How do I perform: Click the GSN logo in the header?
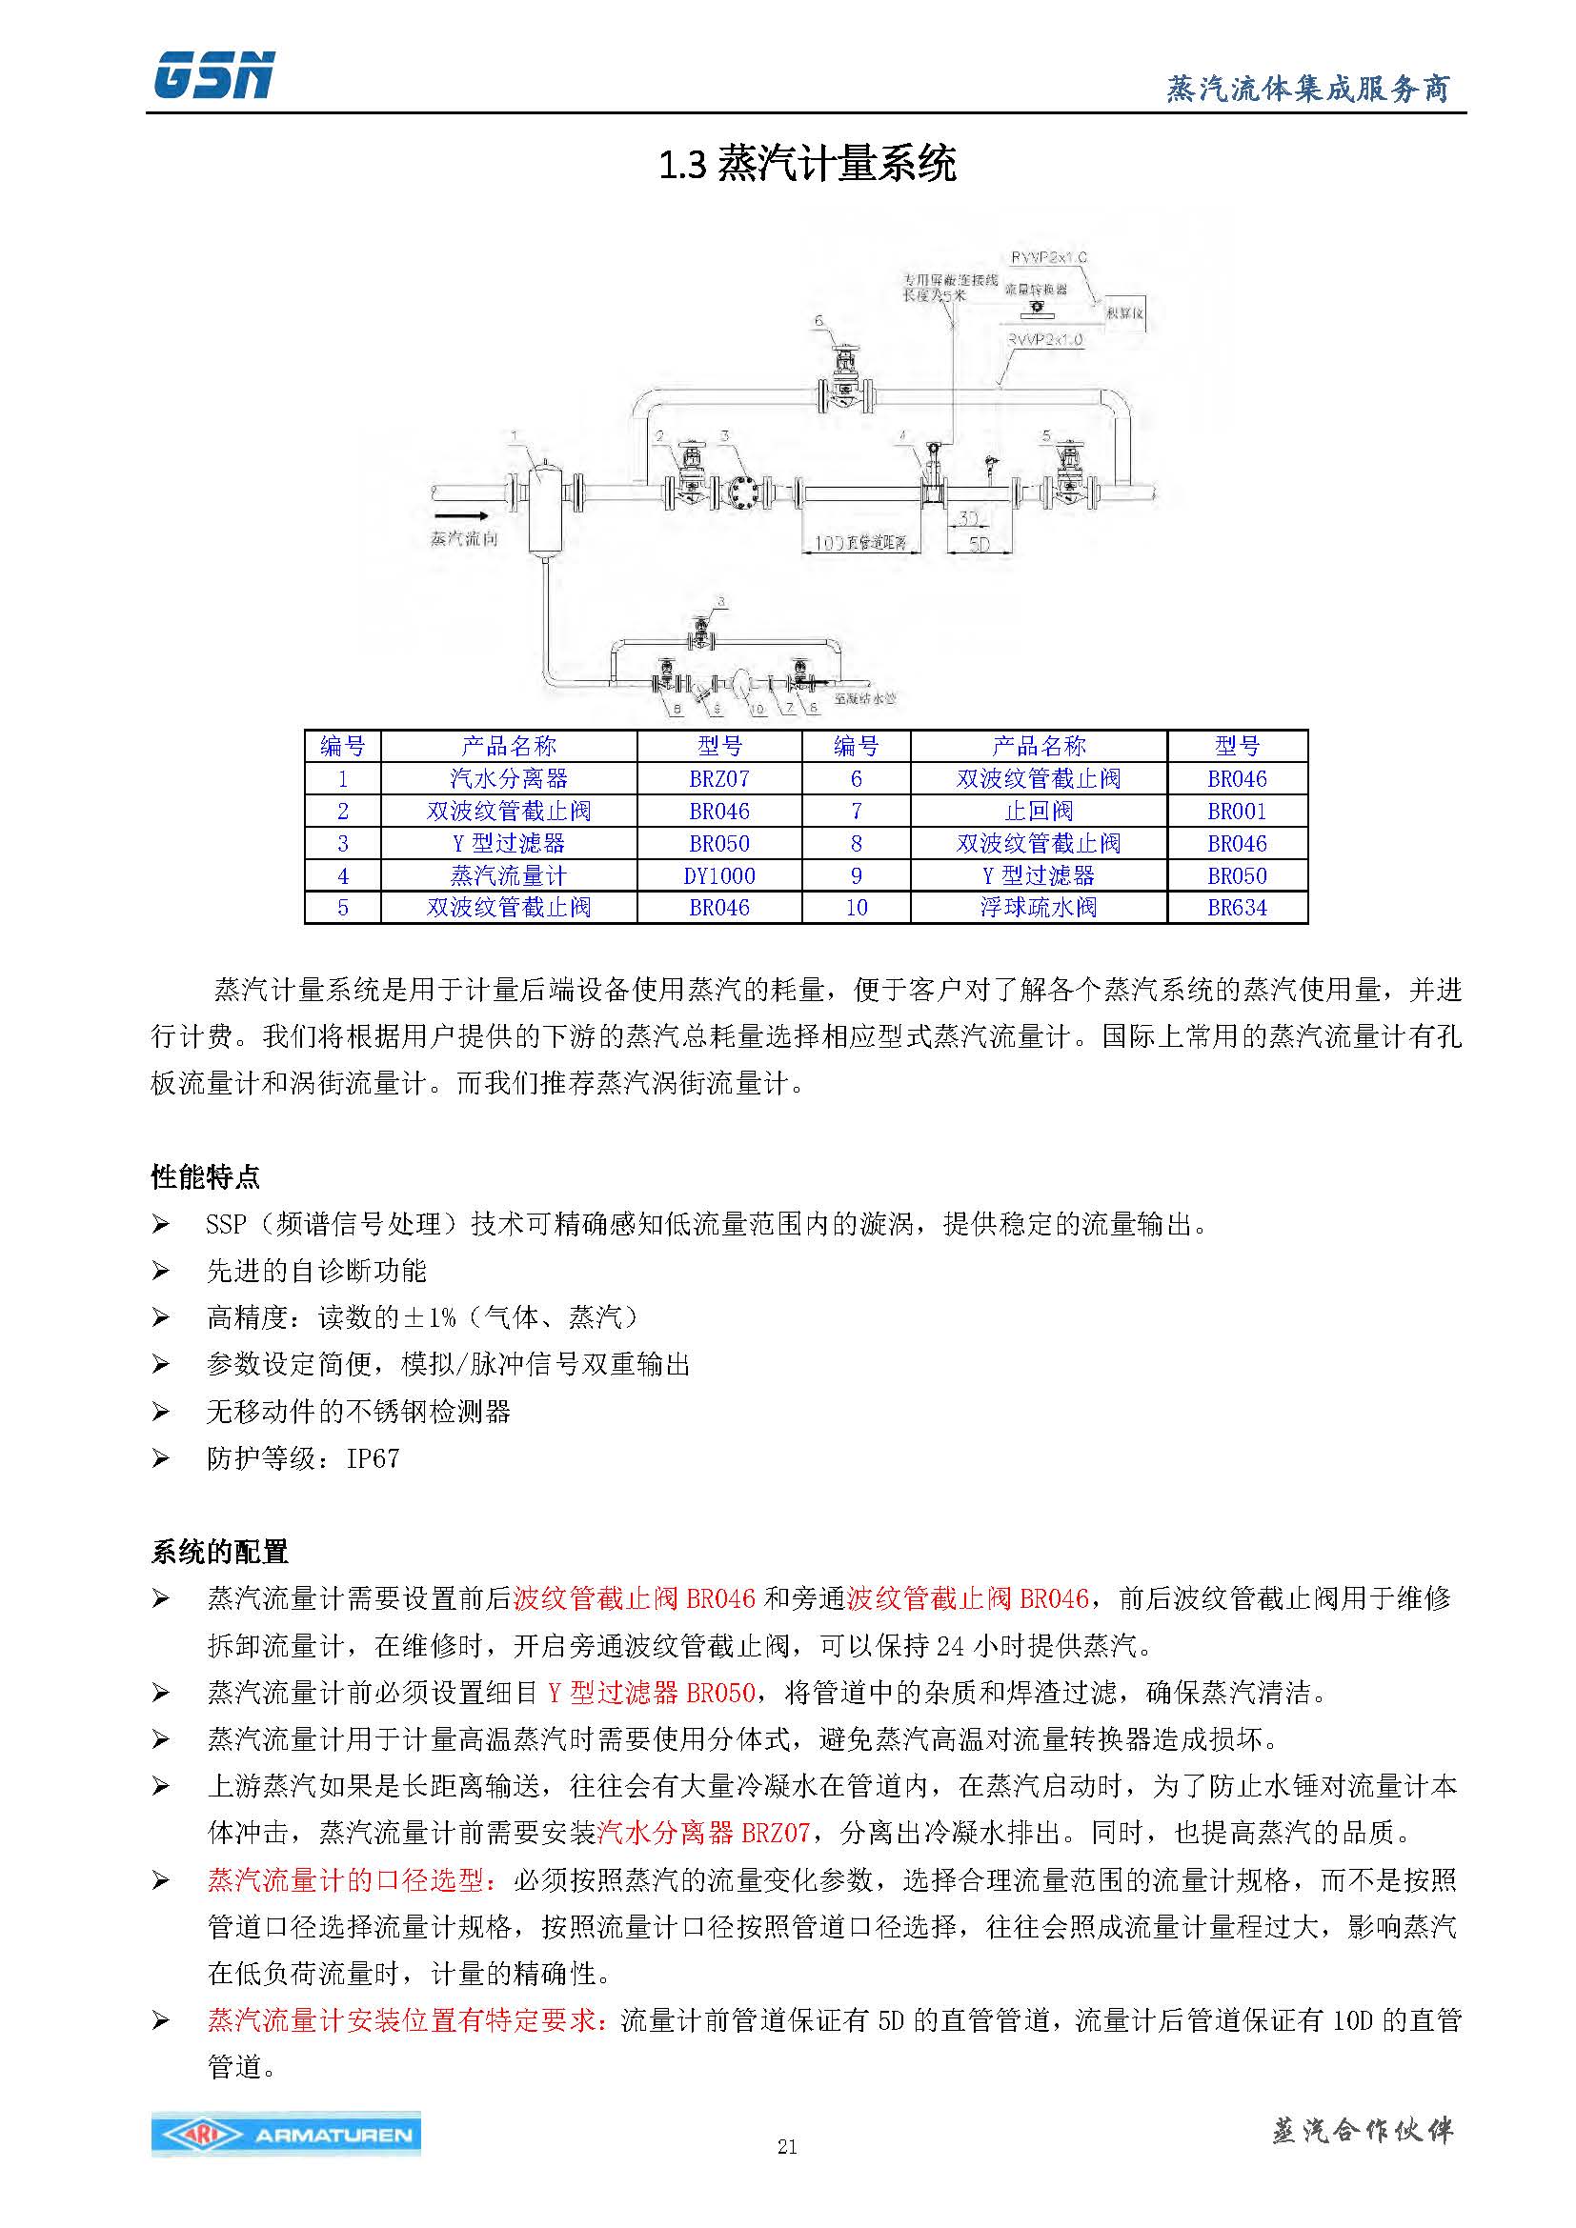click(x=213, y=75)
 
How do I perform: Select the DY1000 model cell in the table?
click(x=719, y=875)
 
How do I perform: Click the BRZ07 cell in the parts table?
click(x=719, y=778)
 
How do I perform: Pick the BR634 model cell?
click(x=1237, y=908)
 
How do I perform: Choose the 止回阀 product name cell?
click(x=1039, y=811)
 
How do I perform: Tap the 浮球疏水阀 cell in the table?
click(x=1039, y=908)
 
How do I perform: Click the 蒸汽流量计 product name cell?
click(x=509, y=875)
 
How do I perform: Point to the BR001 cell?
click(x=1237, y=811)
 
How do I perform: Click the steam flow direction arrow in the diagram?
click(x=457, y=516)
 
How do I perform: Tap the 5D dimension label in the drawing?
click(x=980, y=545)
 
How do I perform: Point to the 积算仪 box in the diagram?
click(x=1124, y=312)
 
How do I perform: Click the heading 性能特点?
click(x=206, y=1177)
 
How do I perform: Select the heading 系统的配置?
click(x=220, y=1552)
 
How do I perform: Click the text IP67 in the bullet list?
click(x=373, y=1458)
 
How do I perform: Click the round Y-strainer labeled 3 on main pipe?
click(x=745, y=491)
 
